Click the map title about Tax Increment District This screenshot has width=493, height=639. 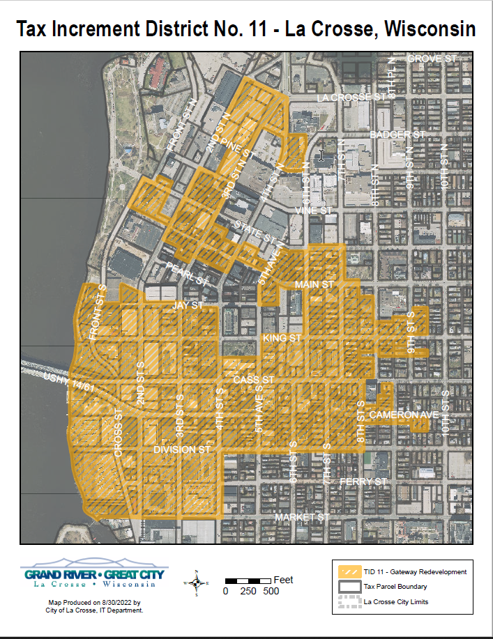coord(246,29)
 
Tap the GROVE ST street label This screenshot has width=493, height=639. coord(434,59)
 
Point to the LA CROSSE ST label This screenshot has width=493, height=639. coord(351,98)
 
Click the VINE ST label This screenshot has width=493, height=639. coord(314,210)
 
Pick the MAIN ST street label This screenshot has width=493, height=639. coord(314,285)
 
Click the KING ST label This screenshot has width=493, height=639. coord(282,338)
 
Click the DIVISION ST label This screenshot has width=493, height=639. coord(182,449)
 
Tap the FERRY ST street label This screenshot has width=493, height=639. coord(363,482)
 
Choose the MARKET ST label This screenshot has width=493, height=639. coord(301,518)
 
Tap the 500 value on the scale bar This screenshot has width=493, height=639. coord(271,591)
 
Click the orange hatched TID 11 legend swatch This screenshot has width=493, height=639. coord(349,571)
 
